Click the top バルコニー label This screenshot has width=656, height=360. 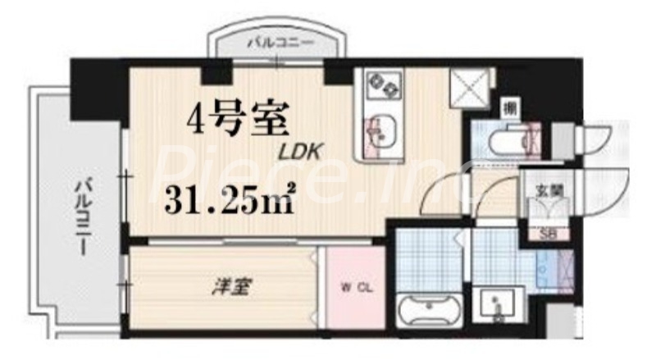click(279, 41)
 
